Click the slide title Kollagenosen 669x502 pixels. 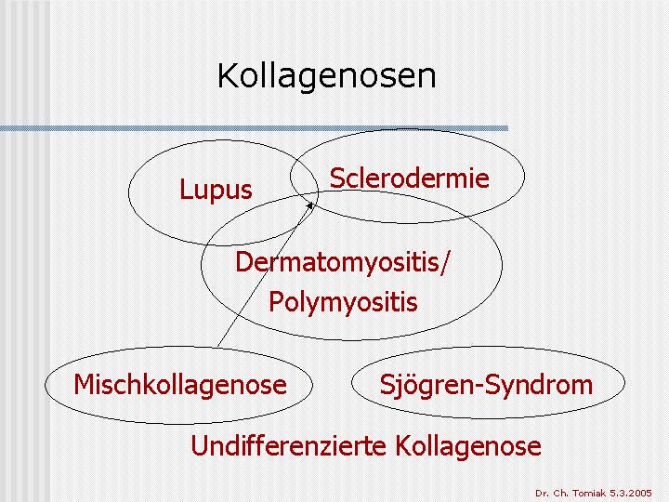pos(327,76)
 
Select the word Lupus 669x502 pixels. pos(216,190)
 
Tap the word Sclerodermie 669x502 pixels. pos(409,178)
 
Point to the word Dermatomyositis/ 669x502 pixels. pos(341,262)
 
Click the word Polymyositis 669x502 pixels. pos(343,302)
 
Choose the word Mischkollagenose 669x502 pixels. pos(180,385)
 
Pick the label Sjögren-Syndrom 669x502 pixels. pos(486,385)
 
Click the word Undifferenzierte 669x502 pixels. pos(287,445)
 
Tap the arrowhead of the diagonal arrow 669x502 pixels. pos(310,206)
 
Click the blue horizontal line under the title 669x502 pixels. pos(255,128)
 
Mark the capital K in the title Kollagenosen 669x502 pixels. pos(228,76)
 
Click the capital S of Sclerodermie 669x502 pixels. pos(337,178)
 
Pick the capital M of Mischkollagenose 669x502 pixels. pos(84,385)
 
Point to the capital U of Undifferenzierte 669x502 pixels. pos(199,446)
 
